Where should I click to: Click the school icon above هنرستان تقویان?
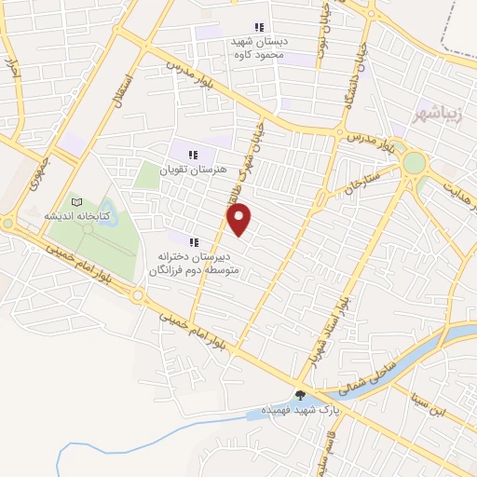(x=193, y=155)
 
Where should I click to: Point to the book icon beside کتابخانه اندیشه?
(x=76, y=201)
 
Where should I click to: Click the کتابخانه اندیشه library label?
(x=77, y=215)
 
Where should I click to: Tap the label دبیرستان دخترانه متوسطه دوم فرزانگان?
(x=195, y=263)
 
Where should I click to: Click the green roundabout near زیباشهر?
(x=413, y=164)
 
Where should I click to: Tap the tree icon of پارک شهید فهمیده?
(x=300, y=395)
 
